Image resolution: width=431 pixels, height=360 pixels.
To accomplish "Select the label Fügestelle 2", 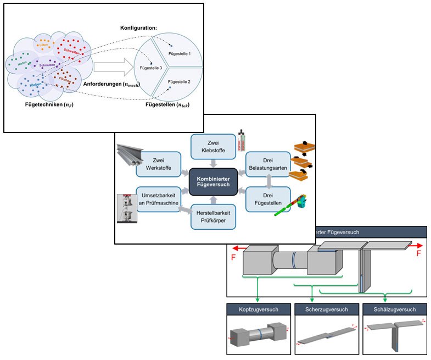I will tap(179, 81).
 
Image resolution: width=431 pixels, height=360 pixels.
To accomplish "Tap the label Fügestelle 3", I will tap(151, 67).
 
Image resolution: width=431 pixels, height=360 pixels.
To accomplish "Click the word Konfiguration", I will tap(139, 27).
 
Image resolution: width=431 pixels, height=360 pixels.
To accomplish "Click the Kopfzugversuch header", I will tap(258, 309).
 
